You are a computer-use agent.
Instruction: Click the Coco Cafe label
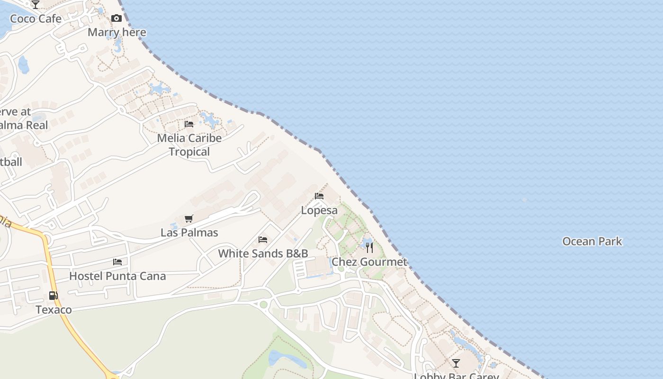(36, 19)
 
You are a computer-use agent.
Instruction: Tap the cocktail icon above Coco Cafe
(36, 5)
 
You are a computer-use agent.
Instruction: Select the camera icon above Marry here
(116, 18)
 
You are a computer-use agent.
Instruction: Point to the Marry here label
(117, 32)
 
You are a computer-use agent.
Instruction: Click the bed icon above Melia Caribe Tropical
(189, 124)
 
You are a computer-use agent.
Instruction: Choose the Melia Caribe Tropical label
(189, 145)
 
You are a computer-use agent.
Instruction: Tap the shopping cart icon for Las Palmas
(189, 218)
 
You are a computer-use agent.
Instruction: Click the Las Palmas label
(189, 233)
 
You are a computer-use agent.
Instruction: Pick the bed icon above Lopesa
(319, 196)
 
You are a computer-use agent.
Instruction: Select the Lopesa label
(320, 210)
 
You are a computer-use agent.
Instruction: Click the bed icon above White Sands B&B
(263, 240)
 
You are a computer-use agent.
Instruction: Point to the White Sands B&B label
(263, 253)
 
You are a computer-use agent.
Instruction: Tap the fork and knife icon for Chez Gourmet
(369, 248)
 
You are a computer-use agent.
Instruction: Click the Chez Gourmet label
(369, 262)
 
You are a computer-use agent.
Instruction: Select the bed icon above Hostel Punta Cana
(117, 262)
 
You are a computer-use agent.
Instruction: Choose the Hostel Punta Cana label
(117, 276)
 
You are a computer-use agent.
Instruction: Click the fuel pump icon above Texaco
(54, 296)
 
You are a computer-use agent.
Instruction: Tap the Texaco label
(54, 310)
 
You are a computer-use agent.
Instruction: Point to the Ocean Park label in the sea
(592, 242)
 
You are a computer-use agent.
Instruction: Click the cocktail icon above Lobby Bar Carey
(456, 363)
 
